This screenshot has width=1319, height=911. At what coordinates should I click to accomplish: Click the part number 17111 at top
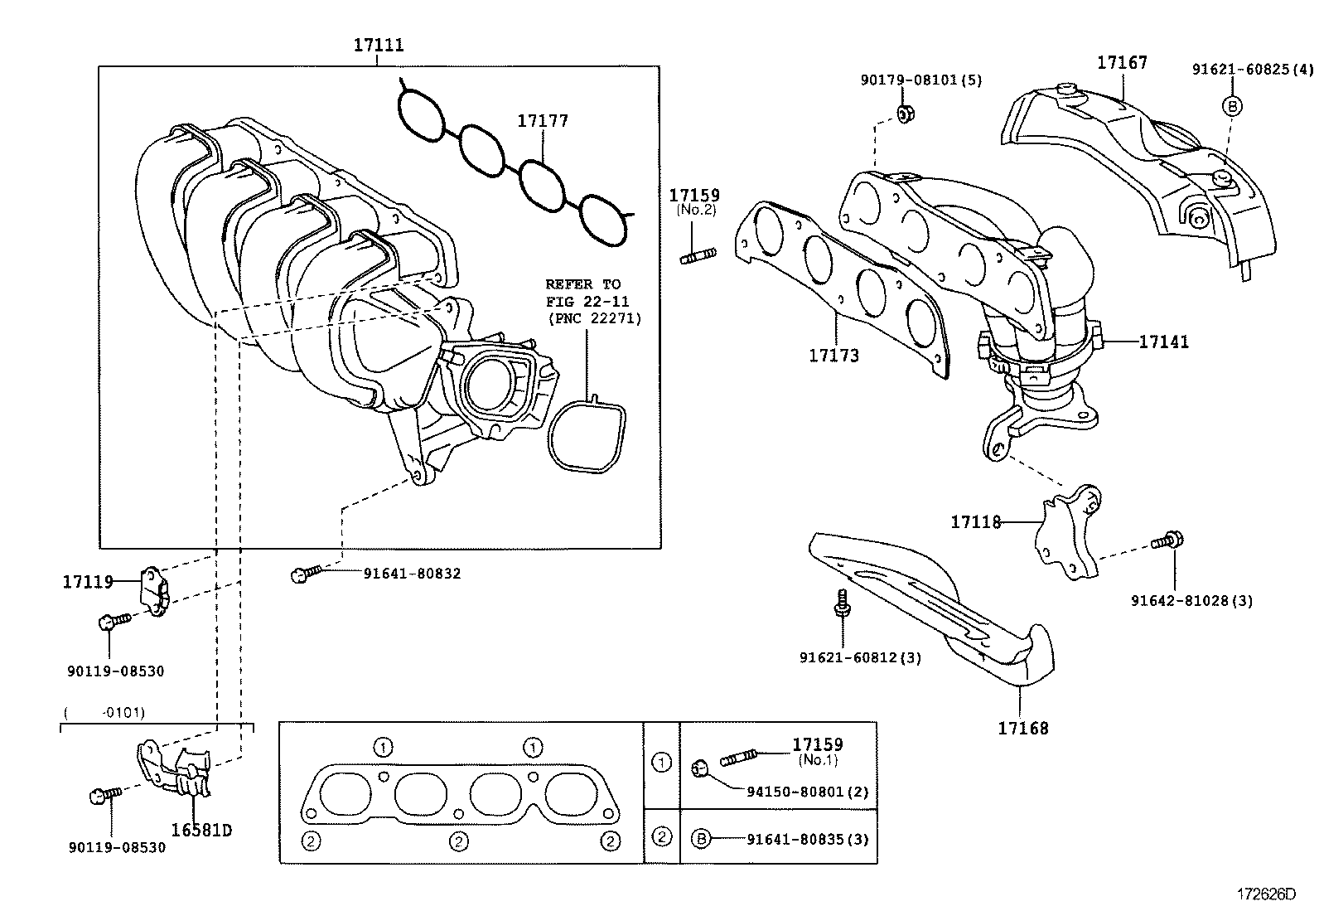379,45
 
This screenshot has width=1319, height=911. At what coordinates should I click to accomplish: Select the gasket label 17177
543,121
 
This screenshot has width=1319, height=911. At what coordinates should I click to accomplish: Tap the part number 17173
833,356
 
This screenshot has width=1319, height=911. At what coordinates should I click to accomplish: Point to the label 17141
1163,342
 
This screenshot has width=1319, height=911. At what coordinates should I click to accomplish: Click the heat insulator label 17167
1122,63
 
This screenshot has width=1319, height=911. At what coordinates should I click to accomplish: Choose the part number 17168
1022,728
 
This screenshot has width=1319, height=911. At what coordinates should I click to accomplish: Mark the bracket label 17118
975,522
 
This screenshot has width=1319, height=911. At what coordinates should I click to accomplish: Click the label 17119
88,582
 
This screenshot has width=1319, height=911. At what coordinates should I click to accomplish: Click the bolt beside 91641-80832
305,574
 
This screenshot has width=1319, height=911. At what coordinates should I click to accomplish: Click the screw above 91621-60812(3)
842,602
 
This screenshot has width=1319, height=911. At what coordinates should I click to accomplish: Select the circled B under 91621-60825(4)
1231,105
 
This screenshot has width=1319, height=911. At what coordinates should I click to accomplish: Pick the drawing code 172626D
1264,894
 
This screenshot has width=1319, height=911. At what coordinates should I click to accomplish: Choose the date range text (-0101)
104,712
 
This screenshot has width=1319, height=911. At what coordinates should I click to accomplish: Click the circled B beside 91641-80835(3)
701,839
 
